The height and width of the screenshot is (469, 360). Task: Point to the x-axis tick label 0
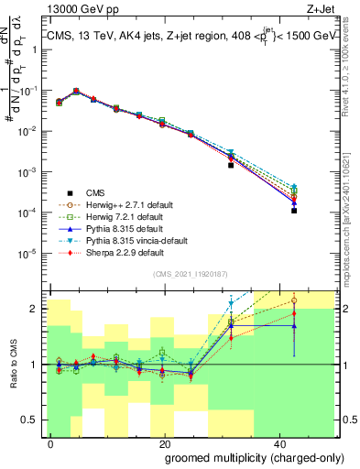click(x=51, y=442)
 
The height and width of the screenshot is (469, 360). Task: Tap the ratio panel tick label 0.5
click(x=31, y=420)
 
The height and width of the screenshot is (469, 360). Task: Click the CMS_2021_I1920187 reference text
click(x=190, y=273)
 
